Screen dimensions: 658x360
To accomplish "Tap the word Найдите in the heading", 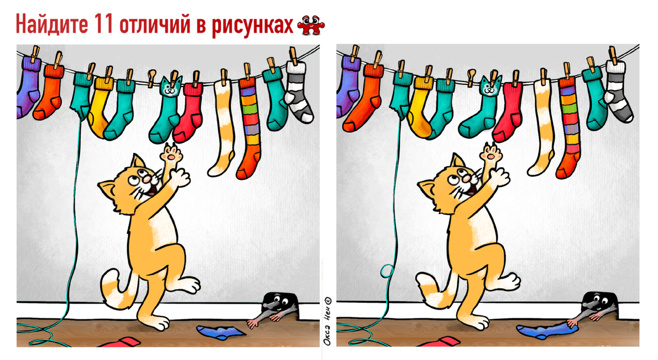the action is tap(52, 24).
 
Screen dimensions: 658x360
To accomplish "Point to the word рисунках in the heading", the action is tap(252, 26).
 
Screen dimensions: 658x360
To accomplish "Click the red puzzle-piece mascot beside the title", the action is tap(311, 25).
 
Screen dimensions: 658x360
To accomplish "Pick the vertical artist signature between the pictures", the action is tap(327, 321).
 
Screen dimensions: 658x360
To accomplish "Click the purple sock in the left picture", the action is tap(28, 88).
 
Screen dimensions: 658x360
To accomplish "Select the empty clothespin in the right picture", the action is tap(471, 77).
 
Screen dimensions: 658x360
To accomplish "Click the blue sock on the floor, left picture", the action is tap(221, 333).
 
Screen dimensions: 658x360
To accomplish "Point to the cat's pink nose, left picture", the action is tap(147, 178).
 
